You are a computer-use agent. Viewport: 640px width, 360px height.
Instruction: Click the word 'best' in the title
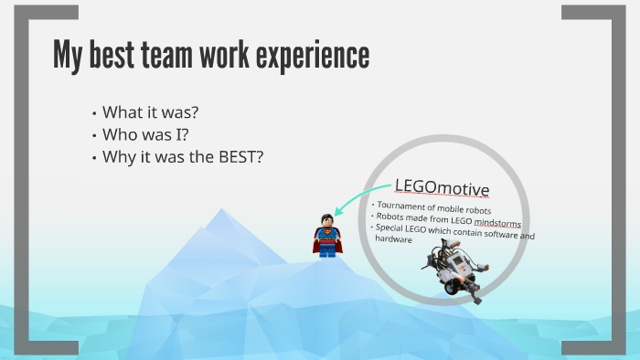click(x=104, y=56)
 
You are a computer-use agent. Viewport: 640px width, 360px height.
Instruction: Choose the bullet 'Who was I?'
click(x=145, y=135)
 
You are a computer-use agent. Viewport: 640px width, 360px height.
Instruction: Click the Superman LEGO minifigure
click(x=326, y=235)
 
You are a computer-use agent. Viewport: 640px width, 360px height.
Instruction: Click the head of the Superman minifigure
click(x=326, y=220)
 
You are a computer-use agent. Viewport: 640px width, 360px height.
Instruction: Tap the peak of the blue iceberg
click(x=219, y=212)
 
